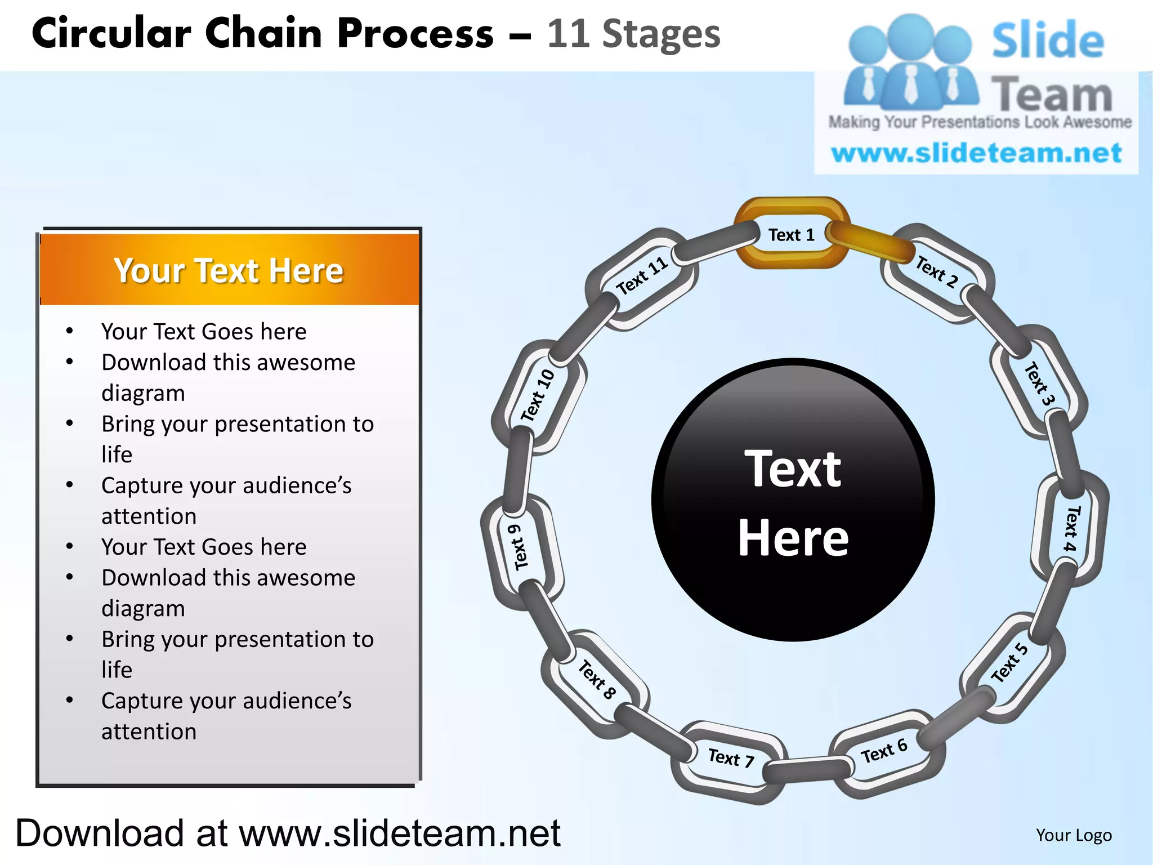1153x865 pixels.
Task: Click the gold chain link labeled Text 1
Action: [791, 234]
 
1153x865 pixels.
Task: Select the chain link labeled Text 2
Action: [936, 273]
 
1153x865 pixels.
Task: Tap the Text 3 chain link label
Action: [1039, 384]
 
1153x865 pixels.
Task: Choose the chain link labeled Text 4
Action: [1070, 528]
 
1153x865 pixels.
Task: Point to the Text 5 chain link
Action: [1009, 663]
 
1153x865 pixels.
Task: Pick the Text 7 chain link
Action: [730, 758]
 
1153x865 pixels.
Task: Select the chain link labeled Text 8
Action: [597, 679]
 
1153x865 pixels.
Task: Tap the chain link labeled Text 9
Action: [519, 547]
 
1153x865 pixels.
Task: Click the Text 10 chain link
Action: [537, 395]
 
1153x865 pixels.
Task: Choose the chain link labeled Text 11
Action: [642, 276]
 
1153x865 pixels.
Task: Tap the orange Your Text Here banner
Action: [229, 270]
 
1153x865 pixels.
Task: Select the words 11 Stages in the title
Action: [633, 34]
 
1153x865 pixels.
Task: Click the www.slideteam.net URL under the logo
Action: [976, 153]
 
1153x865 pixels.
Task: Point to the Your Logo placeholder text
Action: [1074, 835]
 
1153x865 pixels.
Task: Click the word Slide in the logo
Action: [1048, 41]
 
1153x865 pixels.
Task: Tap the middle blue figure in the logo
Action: [910, 62]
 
